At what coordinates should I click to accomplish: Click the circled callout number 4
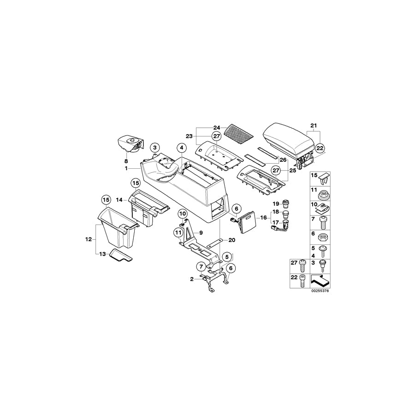click(182, 148)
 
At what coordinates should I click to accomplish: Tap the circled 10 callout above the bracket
click(183, 213)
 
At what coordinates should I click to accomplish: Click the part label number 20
click(231, 240)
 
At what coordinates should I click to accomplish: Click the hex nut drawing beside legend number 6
click(323, 235)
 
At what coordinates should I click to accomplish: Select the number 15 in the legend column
click(314, 176)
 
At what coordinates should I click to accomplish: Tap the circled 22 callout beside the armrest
click(320, 148)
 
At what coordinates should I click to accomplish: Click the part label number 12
click(89, 239)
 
